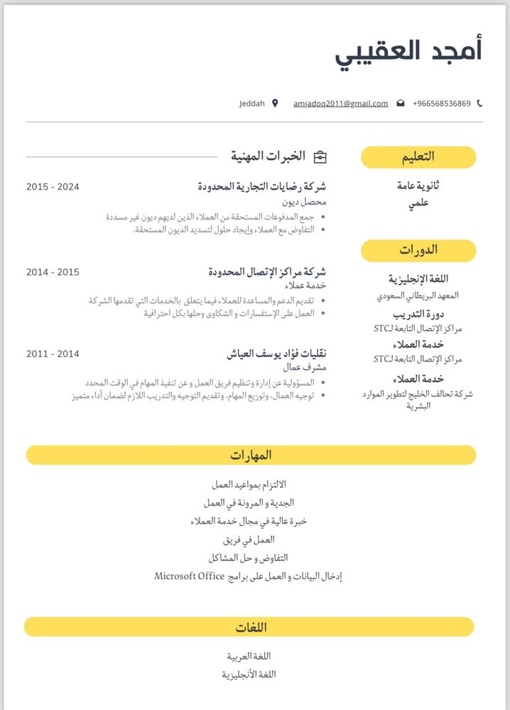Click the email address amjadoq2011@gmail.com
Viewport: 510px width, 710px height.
click(x=341, y=104)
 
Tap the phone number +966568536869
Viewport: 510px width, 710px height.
click(x=441, y=104)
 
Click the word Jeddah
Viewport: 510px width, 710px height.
click(x=252, y=104)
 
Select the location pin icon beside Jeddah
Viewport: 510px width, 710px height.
click(x=275, y=104)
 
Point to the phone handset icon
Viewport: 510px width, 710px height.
click(x=479, y=104)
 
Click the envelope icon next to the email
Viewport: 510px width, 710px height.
click(x=400, y=104)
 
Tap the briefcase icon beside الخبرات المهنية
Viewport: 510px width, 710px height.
click(x=320, y=156)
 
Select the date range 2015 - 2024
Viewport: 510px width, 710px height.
click(x=53, y=187)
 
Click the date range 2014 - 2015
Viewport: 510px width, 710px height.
click(x=53, y=272)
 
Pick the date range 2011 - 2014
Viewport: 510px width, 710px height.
click(x=53, y=354)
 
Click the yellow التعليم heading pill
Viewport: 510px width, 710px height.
click(x=418, y=157)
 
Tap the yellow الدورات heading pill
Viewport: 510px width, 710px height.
click(x=418, y=250)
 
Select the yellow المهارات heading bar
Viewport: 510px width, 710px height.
click(x=251, y=455)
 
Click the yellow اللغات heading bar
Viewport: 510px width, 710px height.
click(x=249, y=627)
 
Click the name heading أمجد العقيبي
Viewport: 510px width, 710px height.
click(x=408, y=52)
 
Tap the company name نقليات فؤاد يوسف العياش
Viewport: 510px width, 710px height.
click(x=276, y=354)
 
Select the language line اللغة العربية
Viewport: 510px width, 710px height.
click(x=249, y=656)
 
